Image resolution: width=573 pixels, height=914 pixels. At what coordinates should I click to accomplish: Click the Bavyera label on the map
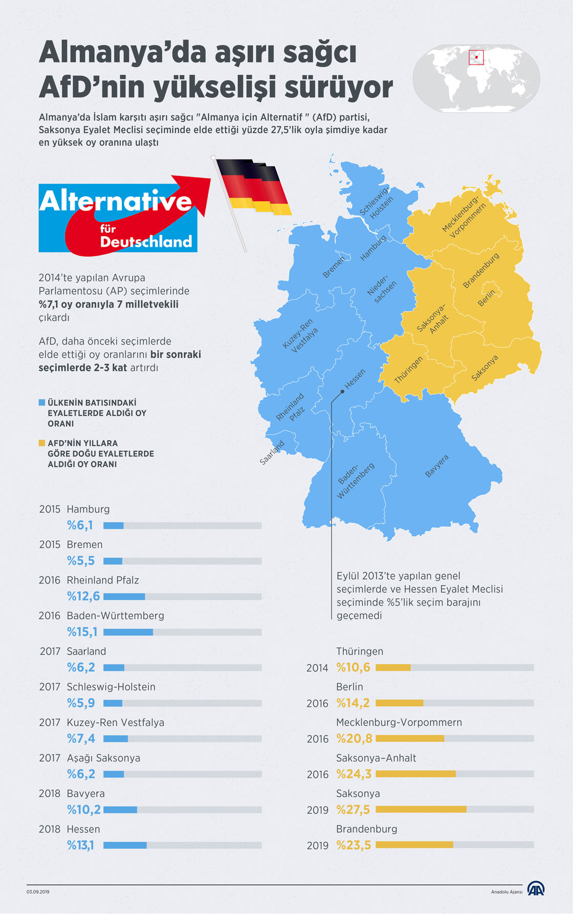click(x=436, y=466)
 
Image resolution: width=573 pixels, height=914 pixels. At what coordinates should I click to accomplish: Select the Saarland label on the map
click(x=272, y=453)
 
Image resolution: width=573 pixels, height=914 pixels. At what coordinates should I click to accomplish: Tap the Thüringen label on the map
click(x=408, y=369)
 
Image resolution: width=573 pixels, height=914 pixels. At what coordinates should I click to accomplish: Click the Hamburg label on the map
click(x=373, y=248)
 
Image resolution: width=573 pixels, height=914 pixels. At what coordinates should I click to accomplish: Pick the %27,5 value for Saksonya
click(x=352, y=810)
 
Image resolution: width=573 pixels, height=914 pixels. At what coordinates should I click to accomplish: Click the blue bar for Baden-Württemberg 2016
click(x=128, y=632)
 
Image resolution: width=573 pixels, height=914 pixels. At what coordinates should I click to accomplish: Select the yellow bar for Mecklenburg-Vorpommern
click(x=410, y=738)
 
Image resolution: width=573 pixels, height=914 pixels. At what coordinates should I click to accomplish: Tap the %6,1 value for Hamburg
click(x=80, y=526)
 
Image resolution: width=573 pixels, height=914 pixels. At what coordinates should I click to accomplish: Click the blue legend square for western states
click(x=42, y=403)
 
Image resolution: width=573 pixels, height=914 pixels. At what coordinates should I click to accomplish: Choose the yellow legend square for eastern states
click(x=42, y=443)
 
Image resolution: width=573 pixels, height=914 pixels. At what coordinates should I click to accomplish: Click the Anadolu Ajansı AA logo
click(x=536, y=888)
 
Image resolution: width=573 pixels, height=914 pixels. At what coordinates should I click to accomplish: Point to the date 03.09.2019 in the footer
click(x=38, y=892)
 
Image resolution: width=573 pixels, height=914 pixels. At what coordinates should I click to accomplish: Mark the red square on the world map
click(x=476, y=57)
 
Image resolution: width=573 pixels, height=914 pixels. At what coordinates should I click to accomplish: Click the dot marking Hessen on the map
click(x=342, y=391)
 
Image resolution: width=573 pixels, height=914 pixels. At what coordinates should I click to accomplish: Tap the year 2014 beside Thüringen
click(x=317, y=668)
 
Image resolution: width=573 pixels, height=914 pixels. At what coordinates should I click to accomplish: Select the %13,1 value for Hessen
click(x=80, y=845)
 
